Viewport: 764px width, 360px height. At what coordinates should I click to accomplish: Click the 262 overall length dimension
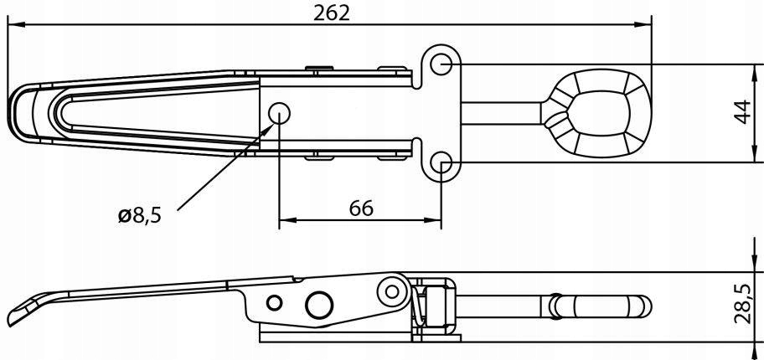pyautogui.click(x=332, y=13)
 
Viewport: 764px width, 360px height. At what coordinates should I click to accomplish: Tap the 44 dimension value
pyautogui.click(x=742, y=112)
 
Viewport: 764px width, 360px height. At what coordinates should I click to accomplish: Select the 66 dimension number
pyautogui.click(x=361, y=208)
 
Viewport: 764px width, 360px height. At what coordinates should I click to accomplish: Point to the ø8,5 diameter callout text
pyautogui.click(x=139, y=215)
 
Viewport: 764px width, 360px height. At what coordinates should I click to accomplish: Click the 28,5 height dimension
pyautogui.click(x=742, y=305)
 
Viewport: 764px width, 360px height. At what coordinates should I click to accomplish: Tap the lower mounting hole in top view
pyautogui.click(x=441, y=162)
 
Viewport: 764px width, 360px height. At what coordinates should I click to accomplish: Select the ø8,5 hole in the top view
pyautogui.click(x=279, y=114)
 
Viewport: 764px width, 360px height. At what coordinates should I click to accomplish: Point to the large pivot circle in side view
pyautogui.click(x=319, y=306)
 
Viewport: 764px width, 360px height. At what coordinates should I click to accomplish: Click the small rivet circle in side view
pyautogui.click(x=274, y=302)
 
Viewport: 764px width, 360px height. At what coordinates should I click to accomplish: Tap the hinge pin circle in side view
pyautogui.click(x=392, y=291)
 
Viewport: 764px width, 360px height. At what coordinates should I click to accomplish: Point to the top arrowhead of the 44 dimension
pyautogui.click(x=755, y=73)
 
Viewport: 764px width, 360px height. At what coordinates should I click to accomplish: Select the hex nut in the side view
pyautogui.click(x=434, y=306)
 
